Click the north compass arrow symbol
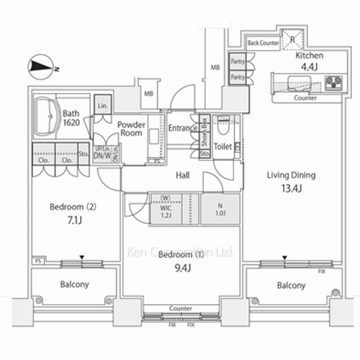point(40,67)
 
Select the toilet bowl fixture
point(224,126)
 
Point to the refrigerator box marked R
point(293,38)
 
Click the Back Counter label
point(263,43)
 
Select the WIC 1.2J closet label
point(166,212)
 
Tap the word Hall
point(183,175)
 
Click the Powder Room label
point(131,129)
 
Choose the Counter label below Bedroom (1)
point(180,309)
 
